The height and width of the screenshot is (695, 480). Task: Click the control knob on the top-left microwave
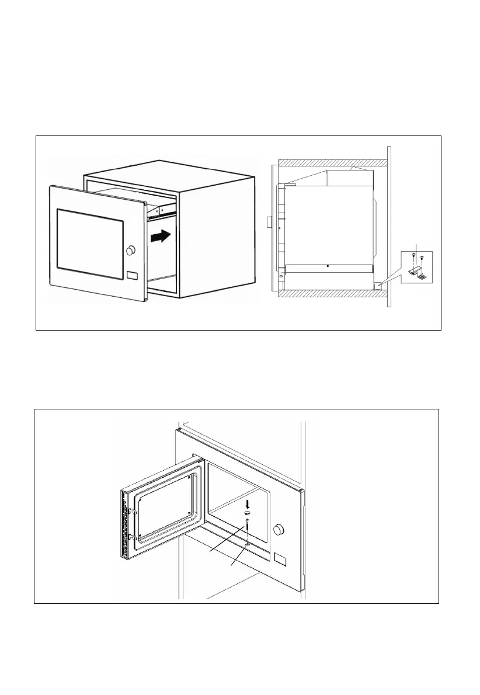click(130, 250)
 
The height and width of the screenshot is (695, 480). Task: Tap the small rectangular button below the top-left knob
click(131, 275)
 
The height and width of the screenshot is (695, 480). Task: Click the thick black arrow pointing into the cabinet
click(160, 237)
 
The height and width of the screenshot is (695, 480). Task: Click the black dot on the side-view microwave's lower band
click(328, 266)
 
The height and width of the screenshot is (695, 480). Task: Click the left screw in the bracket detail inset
click(414, 255)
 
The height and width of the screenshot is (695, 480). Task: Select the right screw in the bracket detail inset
click(422, 258)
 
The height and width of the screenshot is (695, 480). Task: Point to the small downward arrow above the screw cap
click(248, 503)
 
